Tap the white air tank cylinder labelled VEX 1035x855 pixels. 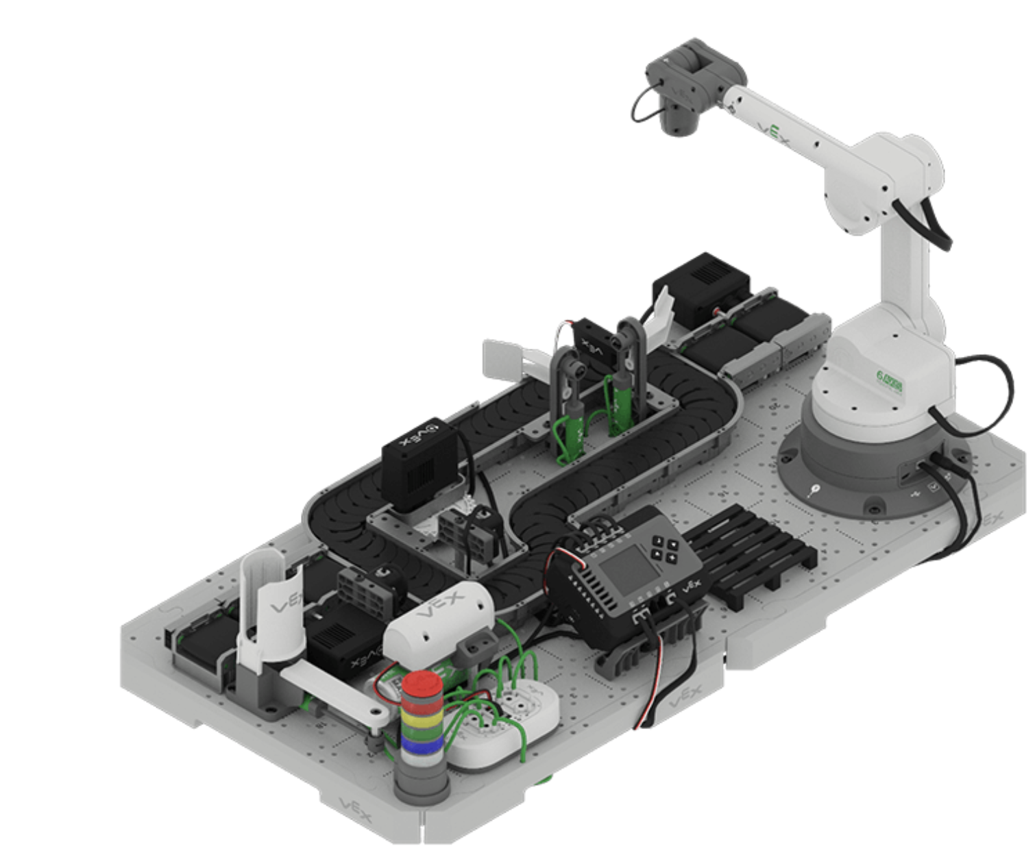[439, 617]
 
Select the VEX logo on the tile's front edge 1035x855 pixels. [356, 809]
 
